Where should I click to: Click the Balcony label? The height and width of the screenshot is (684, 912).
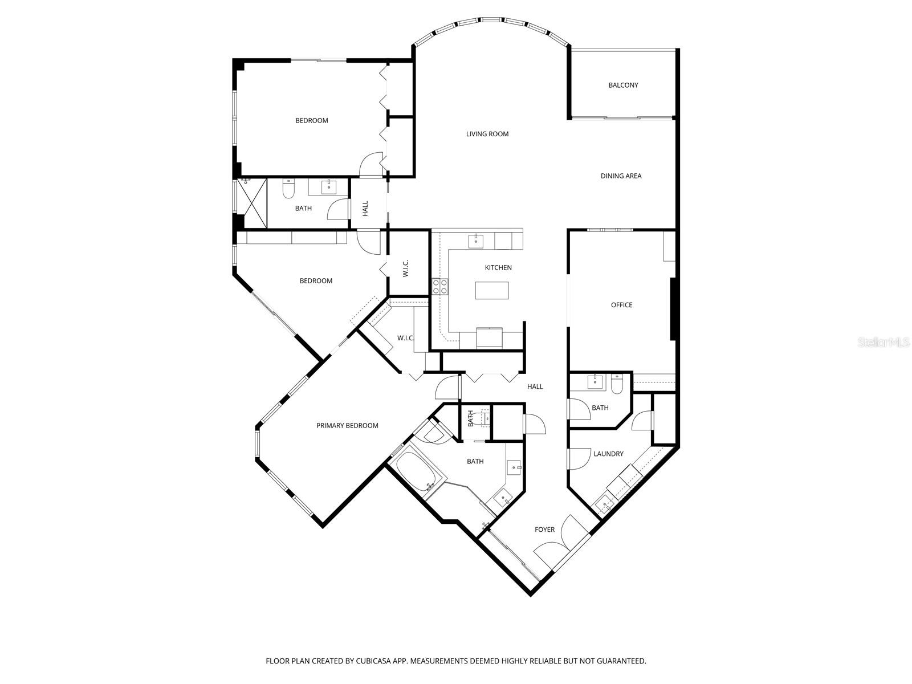pos(623,85)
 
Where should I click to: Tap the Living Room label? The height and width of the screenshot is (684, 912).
pos(487,134)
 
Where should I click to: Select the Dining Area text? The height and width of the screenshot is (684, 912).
pos(621,176)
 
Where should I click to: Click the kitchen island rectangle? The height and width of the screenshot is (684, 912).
pos(493,290)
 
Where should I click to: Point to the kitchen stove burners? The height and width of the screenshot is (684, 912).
pos(439,286)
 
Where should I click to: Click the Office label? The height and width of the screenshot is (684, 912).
pos(621,305)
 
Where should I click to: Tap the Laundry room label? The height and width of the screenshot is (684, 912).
pos(608,454)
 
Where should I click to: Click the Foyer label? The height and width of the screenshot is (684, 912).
pos(544,530)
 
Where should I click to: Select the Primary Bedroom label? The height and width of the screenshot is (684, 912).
pos(347,425)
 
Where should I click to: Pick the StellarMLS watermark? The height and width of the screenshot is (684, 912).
pos(884,342)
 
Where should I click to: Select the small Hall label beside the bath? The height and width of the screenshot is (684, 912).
pos(365,208)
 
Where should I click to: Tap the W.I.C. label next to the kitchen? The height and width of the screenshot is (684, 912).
pos(406,269)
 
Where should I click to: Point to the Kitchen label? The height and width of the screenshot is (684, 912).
pos(498,267)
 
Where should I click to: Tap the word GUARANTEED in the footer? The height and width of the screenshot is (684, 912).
pos(621,661)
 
